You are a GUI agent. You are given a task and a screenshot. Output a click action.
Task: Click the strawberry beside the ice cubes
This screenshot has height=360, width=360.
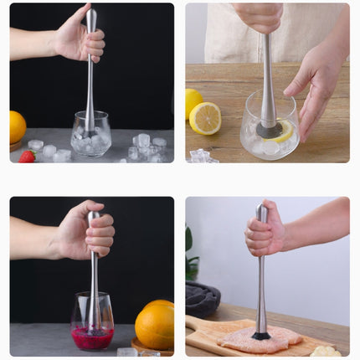coord(27,156)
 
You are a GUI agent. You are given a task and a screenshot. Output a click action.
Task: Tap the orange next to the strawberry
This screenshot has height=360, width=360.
coord(17,127)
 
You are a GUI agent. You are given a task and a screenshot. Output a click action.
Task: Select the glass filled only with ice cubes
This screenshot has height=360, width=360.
coord(90,135)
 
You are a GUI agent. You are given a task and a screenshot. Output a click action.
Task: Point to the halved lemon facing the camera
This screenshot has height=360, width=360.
coord(205,118)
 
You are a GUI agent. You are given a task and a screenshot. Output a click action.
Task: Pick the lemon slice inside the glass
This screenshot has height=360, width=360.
coord(285,131)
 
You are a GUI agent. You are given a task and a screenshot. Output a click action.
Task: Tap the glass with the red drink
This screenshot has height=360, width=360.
coord(92,321)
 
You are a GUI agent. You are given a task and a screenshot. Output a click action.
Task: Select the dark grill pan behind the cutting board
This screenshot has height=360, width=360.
coord(202,296)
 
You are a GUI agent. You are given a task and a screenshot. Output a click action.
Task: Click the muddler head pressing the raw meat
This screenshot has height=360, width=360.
coord(261,336)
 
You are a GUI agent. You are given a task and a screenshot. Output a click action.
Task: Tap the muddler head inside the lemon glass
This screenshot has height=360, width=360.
coord(269,130)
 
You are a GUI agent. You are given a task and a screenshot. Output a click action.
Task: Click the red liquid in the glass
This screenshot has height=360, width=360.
coord(92,338)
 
